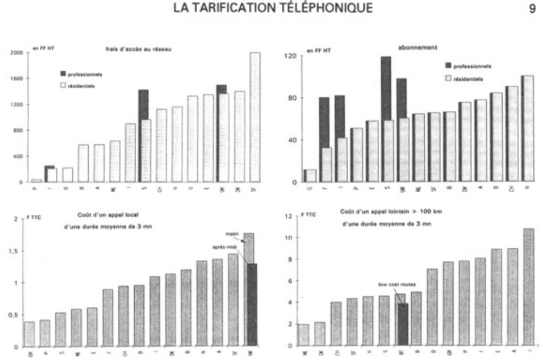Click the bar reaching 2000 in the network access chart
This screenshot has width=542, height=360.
[x=255, y=117]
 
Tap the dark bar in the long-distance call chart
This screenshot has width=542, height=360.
[x=403, y=324]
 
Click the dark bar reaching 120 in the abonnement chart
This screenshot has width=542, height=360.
[x=386, y=119]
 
